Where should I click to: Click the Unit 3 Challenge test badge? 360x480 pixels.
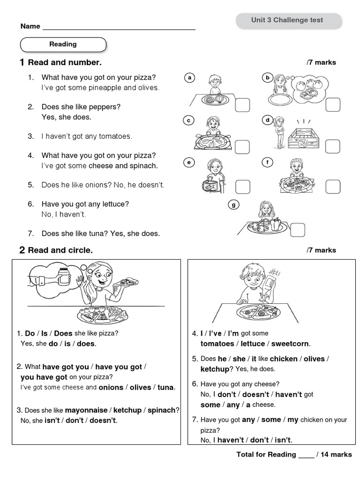pos(287,20)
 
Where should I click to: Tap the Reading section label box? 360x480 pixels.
pos(63,45)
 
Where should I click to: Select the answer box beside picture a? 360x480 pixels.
pos(242,105)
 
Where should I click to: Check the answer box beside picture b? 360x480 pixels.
pos(333,105)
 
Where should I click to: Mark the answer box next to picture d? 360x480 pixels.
pos(333,146)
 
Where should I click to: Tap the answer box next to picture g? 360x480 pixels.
pos(297,230)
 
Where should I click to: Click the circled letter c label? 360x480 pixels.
pos(188,120)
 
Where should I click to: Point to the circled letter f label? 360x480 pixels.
pos(267,163)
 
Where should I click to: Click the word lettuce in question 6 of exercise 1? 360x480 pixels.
pos(114,204)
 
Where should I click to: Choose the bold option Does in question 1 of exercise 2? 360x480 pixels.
pos(63,333)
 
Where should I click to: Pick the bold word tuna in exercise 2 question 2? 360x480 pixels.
pos(165,387)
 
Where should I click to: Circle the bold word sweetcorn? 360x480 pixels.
pos(290,344)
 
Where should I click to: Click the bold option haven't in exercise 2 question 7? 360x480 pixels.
pos(230,440)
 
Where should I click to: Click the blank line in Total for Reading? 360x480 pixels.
pos(306,455)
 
